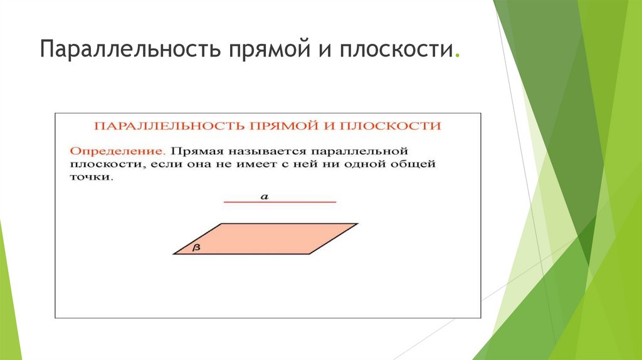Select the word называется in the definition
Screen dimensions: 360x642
click(267, 152)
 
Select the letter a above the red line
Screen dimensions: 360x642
click(265, 196)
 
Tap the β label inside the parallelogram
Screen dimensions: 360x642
click(196, 248)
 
